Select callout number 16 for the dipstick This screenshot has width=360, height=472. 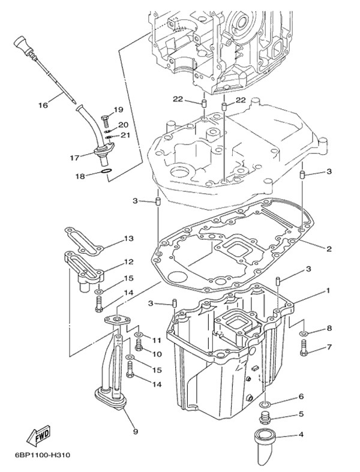pyautogui.click(x=43, y=106)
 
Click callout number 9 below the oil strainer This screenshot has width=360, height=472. pyautogui.click(x=135, y=431)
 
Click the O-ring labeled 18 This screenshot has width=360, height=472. pyautogui.click(x=105, y=175)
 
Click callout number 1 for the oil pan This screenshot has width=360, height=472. pyautogui.click(x=328, y=290)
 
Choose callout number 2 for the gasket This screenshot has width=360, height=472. pyautogui.click(x=329, y=248)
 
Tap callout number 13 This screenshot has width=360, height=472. pyautogui.click(x=128, y=239)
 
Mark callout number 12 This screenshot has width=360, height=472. pyautogui.click(x=128, y=261)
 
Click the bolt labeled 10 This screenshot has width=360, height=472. pyautogui.click(x=139, y=344)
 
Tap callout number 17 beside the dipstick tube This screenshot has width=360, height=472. pyautogui.click(x=74, y=158)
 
